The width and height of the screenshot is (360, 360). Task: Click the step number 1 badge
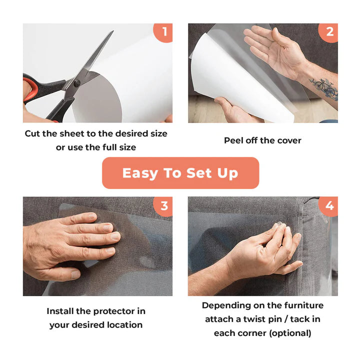pyautogui.click(x=163, y=32)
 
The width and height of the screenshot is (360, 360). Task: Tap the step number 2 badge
pyautogui.click(x=328, y=32)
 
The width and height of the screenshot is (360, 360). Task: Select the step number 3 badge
pyautogui.click(x=163, y=206)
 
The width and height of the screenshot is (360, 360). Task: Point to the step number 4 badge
pyautogui.click(x=328, y=206)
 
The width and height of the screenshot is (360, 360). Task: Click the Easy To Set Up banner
pyautogui.click(x=180, y=173)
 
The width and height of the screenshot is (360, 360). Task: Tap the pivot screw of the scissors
pyautogui.click(x=77, y=83)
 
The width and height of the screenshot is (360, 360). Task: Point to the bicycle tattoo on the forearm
pyautogui.click(x=324, y=87)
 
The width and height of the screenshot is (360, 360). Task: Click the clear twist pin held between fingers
pyautogui.click(x=280, y=223)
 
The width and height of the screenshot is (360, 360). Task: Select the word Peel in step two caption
pyautogui.click(x=233, y=140)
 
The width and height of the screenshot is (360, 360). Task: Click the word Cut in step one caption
pyautogui.click(x=32, y=133)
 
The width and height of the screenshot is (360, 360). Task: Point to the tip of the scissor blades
pyautogui.click(x=113, y=31)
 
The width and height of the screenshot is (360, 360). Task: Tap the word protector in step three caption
pyautogui.click(x=114, y=311)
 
